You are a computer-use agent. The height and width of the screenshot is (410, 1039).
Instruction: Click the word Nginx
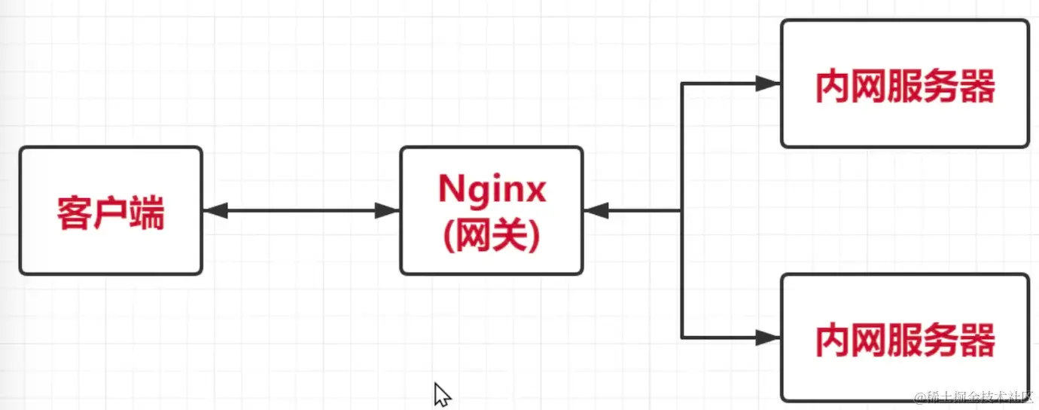(x=491, y=190)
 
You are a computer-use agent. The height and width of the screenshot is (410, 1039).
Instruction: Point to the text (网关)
(x=491, y=237)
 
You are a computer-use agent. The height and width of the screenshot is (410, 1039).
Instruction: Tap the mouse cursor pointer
(x=440, y=393)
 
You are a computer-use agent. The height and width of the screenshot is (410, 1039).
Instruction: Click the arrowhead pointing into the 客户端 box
(x=215, y=212)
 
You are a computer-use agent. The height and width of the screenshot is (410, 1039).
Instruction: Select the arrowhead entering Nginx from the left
(x=387, y=212)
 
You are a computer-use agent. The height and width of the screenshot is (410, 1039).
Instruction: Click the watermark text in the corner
(x=976, y=397)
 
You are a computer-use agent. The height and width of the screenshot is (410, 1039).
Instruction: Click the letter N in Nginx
(x=452, y=190)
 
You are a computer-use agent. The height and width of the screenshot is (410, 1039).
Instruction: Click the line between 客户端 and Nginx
(x=301, y=212)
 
